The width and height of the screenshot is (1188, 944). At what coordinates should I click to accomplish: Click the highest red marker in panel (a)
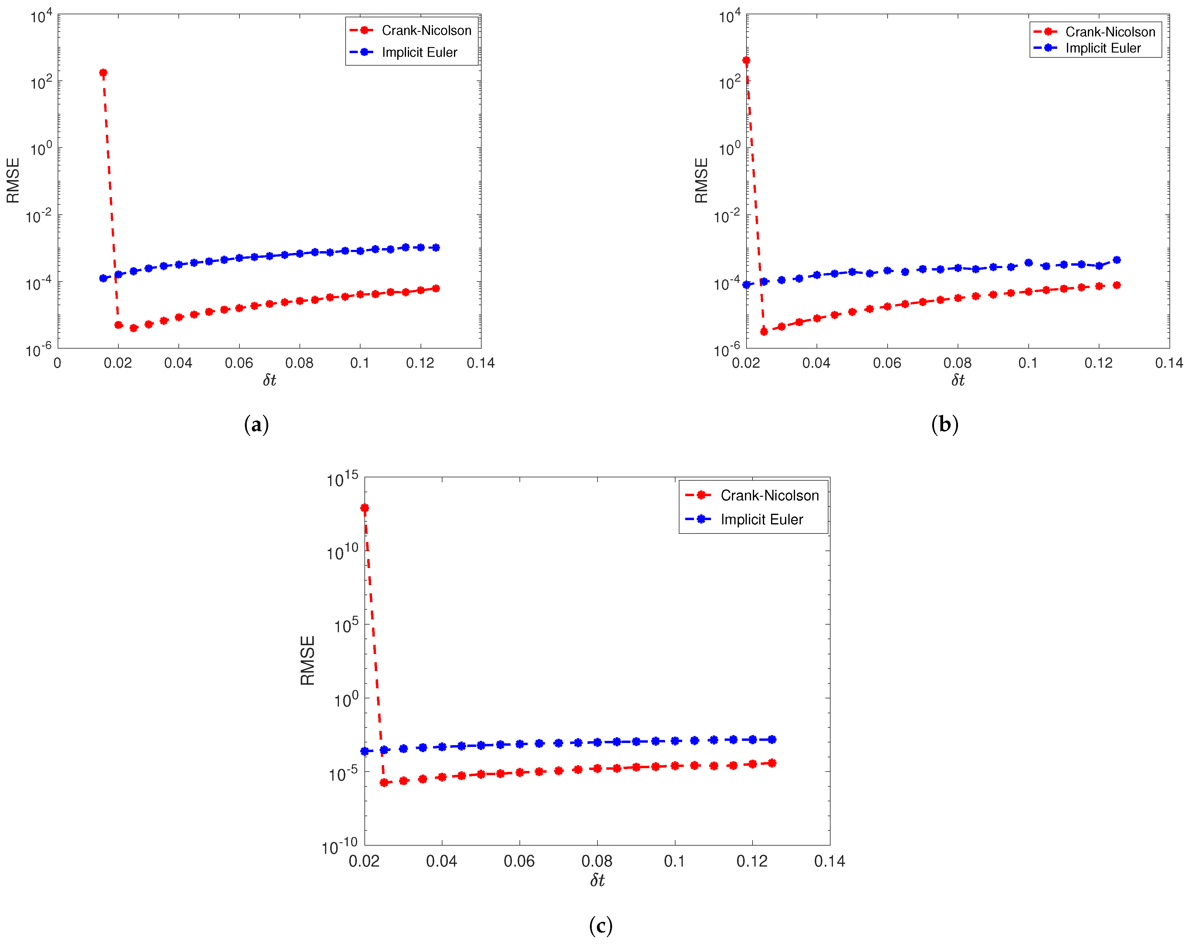point(103,73)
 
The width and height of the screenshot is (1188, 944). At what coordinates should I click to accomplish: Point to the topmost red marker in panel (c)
point(364,508)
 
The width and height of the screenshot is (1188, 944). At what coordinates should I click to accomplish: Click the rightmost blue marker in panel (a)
point(436,247)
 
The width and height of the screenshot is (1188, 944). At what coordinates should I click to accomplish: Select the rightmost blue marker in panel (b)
point(1116,260)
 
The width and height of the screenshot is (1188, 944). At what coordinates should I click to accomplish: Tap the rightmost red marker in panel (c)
point(772,763)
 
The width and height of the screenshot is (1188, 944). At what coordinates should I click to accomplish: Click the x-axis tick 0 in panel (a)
point(57,363)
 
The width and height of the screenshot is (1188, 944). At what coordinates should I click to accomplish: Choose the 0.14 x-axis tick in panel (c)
point(829,861)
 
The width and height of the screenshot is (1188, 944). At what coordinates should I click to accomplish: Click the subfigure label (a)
point(256,424)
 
